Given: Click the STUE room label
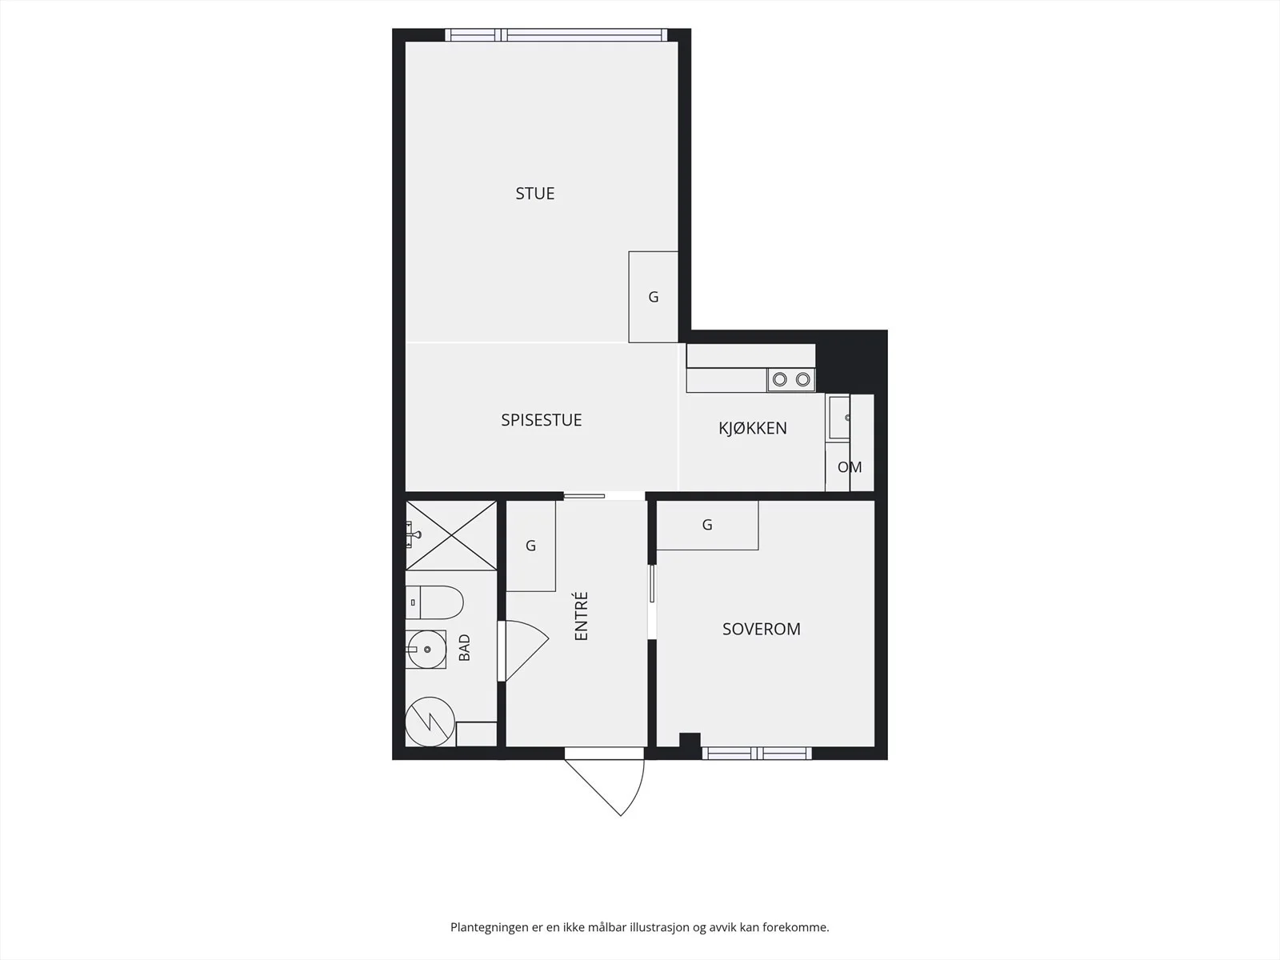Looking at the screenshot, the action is pyautogui.click(x=534, y=194).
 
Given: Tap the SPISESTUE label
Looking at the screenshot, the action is pyautogui.click(x=541, y=420).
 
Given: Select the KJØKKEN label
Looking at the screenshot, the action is pyautogui.click(x=752, y=428).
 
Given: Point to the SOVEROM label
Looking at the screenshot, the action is pyautogui.click(x=761, y=629).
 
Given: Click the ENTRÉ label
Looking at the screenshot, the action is pyautogui.click(x=582, y=616).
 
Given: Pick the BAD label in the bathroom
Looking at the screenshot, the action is pyautogui.click(x=464, y=647).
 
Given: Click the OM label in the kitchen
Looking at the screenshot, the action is pyautogui.click(x=850, y=467).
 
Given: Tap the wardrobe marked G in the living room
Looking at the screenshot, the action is pyautogui.click(x=653, y=297).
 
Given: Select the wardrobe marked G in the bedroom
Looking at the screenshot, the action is pyautogui.click(x=707, y=525).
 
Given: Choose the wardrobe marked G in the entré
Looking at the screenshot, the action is pyautogui.click(x=530, y=546).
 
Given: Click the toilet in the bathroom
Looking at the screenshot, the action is pyautogui.click(x=434, y=602).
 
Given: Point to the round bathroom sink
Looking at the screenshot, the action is pyautogui.click(x=426, y=650).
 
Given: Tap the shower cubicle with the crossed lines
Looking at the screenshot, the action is pyautogui.click(x=450, y=535).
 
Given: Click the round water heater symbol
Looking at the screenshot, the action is pyautogui.click(x=430, y=722).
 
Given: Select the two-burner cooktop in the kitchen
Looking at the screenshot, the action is pyautogui.click(x=791, y=380).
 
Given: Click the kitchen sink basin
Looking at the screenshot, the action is pyautogui.click(x=840, y=418).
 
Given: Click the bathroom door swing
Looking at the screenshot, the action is pyautogui.click(x=524, y=650).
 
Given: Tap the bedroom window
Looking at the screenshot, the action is pyautogui.click(x=756, y=754).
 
